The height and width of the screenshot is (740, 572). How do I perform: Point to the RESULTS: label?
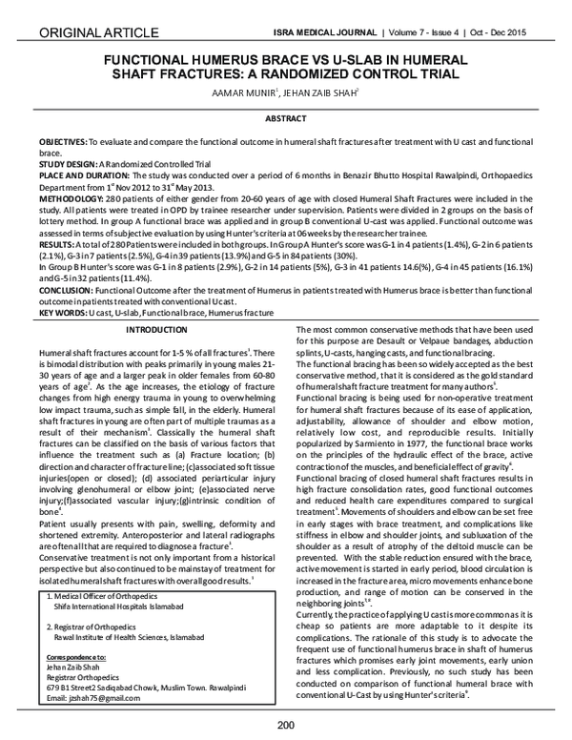[57, 245]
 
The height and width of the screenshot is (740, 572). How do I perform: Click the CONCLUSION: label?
[69, 292]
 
